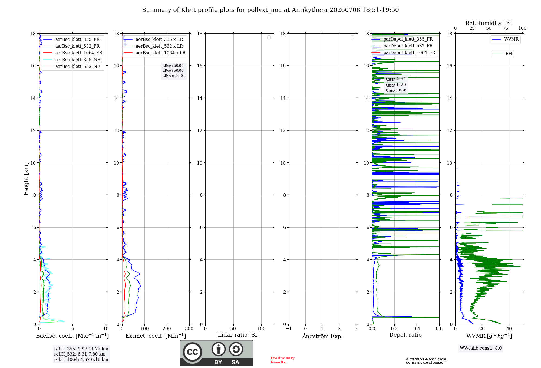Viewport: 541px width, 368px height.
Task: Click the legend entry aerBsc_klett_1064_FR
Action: click(73, 53)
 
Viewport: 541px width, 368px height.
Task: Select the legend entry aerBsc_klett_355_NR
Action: click(72, 60)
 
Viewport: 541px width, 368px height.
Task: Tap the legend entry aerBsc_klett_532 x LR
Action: click(153, 46)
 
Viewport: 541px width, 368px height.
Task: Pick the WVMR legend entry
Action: click(506, 39)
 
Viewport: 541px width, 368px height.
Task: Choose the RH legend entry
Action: click(503, 54)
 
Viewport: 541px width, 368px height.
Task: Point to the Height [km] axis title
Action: click(26, 179)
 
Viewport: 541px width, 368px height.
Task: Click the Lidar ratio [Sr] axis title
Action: click(239, 335)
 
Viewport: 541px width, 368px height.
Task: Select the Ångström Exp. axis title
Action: click(322, 336)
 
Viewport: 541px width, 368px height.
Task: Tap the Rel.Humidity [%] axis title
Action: click(489, 23)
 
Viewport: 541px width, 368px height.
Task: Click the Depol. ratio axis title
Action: click(405, 335)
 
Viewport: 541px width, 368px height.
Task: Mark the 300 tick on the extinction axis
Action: click(189, 329)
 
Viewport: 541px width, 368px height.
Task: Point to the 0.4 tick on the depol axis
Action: click(417, 329)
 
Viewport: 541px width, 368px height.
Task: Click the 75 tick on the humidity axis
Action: click(506, 28)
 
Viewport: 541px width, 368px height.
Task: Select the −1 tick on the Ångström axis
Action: click(289, 329)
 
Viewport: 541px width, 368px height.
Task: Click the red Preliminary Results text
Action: click(283, 360)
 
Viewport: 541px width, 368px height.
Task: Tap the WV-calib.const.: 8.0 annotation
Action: click(481, 348)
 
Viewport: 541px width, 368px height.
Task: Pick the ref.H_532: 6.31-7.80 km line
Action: click(80, 354)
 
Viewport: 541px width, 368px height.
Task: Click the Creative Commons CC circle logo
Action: click(192, 352)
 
